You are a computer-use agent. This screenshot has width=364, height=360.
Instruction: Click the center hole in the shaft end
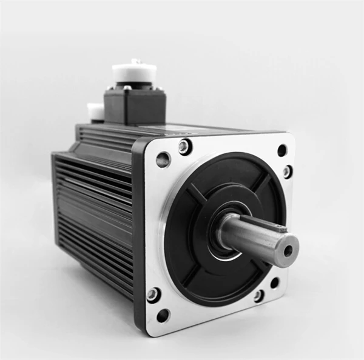(x=288, y=249)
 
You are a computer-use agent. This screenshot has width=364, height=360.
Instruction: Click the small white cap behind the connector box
(x=95, y=111)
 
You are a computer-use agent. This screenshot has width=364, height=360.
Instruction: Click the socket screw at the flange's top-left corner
(x=184, y=147)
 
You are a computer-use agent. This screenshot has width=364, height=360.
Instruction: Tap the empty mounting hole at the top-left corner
(x=163, y=160)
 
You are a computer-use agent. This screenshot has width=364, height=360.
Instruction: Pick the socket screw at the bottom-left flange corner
(x=153, y=295)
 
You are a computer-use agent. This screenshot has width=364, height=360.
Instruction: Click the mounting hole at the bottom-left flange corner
(x=163, y=315)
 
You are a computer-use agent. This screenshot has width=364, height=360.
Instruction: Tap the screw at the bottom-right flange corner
(x=259, y=296)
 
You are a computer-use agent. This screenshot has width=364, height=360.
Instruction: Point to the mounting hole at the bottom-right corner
(x=275, y=282)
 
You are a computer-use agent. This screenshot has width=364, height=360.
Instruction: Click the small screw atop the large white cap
(x=135, y=62)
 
